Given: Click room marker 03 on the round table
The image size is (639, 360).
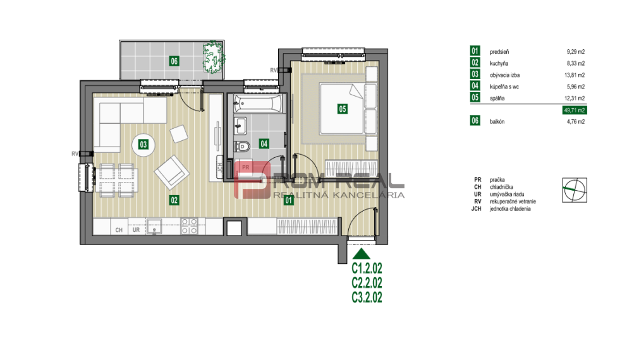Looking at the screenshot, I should pyautogui.click(x=143, y=145).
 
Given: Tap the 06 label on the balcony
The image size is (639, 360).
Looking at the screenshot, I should pyautogui.click(x=173, y=61).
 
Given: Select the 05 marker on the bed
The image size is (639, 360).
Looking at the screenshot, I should pyautogui.click(x=342, y=109).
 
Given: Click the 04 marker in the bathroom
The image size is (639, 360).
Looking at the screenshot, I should pyautogui.click(x=264, y=144).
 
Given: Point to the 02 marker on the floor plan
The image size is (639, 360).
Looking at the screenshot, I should pyautogui.click(x=174, y=200).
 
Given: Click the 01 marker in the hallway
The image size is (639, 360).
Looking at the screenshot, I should pyautogui.click(x=289, y=201).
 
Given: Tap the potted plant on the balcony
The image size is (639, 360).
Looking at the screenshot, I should pyautogui.click(x=212, y=56).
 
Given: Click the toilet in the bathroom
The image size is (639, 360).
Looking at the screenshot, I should pyautogui.click(x=243, y=148).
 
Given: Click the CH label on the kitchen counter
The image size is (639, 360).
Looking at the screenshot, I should pyautogui.click(x=118, y=230).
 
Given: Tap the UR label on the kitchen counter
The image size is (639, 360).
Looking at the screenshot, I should pyautogui.click(x=136, y=230).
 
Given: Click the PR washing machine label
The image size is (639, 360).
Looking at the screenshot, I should pyautogui.click(x=246, y=167).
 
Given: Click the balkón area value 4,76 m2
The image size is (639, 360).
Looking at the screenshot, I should pyautogui.click(x=575, y=122).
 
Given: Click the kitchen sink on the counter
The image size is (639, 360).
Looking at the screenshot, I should pyautogui.click(x=154, y=226).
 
